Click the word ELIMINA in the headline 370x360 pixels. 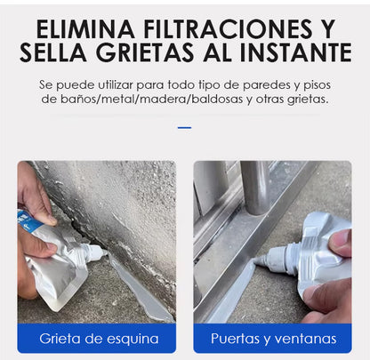point(85,29)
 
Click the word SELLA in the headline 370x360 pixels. point(53,52)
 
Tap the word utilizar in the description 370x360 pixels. point(116,85)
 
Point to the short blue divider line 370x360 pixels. point(184,128)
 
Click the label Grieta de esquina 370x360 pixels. point(99,339)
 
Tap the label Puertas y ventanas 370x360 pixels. point(273,339)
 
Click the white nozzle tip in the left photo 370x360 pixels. point(105,252)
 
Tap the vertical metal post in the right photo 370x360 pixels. point(255,188)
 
